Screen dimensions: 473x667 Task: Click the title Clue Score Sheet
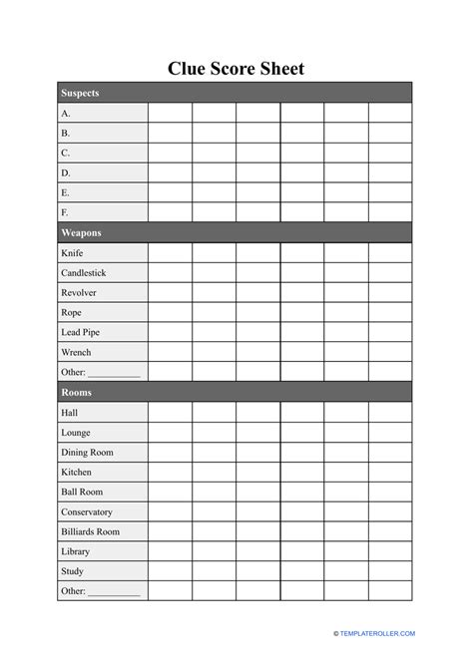point(236,69)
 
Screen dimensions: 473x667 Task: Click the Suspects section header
point(80,93)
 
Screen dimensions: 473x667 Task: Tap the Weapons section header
point(81,232)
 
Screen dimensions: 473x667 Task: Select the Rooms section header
point(76,392)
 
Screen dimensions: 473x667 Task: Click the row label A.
point(66,113)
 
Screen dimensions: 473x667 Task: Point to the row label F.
point(66,212)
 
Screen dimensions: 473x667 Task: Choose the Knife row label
point(73,252)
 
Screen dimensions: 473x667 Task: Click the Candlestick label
point(84,272)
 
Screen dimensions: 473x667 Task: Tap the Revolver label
point(79,292)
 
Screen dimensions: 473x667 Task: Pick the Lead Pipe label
point(81,332)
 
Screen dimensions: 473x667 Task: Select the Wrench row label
point(76,352)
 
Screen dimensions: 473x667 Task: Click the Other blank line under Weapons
point(114,374)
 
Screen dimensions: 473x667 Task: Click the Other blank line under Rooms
point(114,593)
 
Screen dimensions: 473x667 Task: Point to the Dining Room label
point(87,452)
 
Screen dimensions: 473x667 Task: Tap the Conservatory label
point(87,511)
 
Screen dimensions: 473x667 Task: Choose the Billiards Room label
point(90,531)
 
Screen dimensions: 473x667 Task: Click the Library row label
point(75,551)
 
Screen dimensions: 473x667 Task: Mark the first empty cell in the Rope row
point(170,312)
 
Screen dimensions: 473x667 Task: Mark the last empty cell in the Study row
point(390,571)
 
